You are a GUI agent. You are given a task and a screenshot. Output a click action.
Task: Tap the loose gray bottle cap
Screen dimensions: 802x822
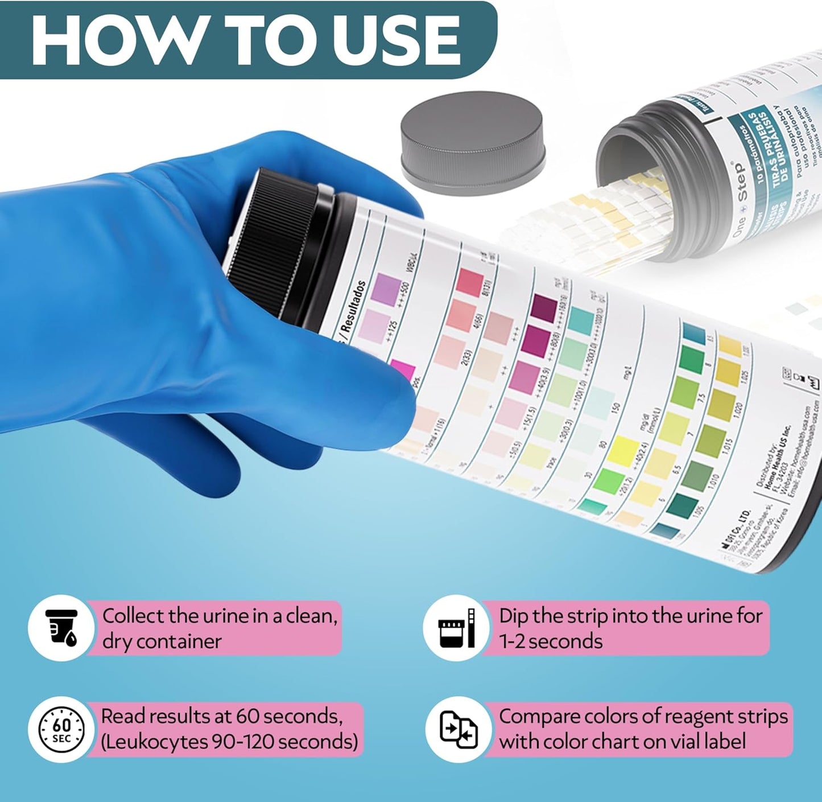tap(472, 148)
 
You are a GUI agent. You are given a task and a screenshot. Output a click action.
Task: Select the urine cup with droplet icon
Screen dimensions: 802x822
tap(61, 628)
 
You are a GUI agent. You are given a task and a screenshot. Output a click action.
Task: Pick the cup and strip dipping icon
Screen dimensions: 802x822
tap(456, 628)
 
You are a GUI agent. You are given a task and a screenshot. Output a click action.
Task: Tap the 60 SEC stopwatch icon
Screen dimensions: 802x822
tap(61, 730)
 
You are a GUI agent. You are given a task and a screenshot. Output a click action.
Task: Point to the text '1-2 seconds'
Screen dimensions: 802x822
tap(551, 641)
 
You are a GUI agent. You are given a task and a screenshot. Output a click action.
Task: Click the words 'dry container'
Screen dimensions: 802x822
tap(162, 641)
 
